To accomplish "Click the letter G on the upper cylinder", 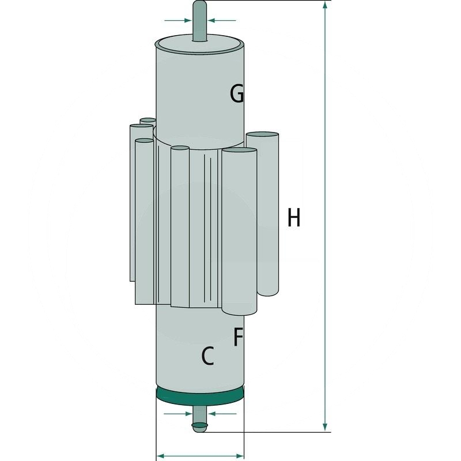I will click(x=237, y=93).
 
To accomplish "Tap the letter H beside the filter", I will click(x=294, y=218).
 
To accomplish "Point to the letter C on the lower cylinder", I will click(x=207, y=357).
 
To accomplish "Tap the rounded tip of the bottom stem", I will click(x=199, y=426).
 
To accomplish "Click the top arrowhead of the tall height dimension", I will click(x=326, y=6).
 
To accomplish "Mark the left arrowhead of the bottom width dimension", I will click(x=161, y=455).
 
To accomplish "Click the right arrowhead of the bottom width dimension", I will click(x=240, y=455).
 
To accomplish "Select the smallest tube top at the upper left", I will click(x=148, y=121).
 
